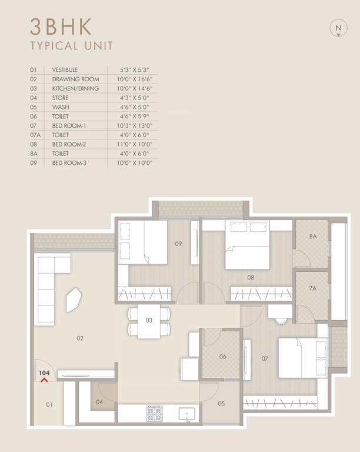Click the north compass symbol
tap(338, 28)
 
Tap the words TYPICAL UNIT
tap(72, 45)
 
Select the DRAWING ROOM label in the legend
tap(75, 79)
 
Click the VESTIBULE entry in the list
tap(65, 69)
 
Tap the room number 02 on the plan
tap(80, 338)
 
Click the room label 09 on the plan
tap(178, 242)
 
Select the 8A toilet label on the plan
tap(312, 237)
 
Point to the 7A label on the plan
tap(312, 288)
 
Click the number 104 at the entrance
tap(44, 373)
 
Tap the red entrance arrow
tap(44, 380)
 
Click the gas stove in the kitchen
tap(154, 413)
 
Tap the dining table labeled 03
tap(149, 321)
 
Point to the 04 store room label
tap(99, 403)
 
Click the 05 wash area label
tap(221, 403)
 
